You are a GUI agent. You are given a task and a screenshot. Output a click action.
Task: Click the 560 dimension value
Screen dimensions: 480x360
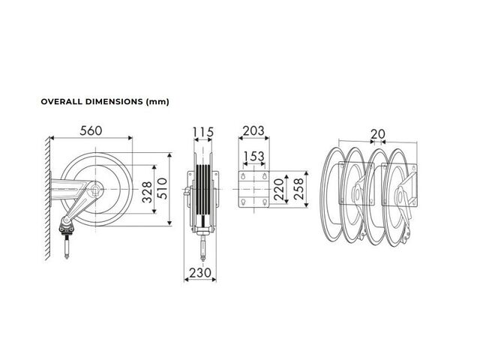point(91,130)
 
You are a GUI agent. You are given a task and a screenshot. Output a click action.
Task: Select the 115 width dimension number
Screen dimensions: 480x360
point(203,132)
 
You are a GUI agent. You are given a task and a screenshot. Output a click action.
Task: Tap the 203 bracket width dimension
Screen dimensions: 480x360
point(253,131)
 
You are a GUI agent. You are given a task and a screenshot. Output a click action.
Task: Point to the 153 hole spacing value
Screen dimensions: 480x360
point(253,156)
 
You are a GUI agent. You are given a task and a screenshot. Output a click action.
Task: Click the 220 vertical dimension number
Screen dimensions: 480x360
point(279,190)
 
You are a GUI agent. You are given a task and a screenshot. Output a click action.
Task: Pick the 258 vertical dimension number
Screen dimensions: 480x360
point(298,190)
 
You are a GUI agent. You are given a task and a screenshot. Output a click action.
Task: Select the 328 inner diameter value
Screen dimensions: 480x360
point(147,192)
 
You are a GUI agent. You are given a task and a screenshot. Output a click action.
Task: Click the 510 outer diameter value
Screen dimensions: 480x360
point(163,188)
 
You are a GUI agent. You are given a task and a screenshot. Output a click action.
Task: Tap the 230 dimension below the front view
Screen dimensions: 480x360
point(200,272)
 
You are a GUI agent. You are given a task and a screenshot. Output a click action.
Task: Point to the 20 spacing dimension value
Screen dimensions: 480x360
point(378,134)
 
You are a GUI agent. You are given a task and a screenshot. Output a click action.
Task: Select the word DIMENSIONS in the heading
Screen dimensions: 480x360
point(114,102)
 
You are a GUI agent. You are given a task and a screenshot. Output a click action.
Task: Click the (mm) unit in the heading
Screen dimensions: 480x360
point(157,102)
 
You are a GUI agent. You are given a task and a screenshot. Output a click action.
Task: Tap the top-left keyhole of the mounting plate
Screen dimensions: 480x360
point(243,176)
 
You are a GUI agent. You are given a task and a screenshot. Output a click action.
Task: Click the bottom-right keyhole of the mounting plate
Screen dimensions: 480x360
point(265,202)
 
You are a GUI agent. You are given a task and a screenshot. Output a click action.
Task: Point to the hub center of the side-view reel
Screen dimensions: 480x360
point(96,190)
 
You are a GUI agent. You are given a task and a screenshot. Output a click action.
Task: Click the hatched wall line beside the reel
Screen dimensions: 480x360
point(48,198)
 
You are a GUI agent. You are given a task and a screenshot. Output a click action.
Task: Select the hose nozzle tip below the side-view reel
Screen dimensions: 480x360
point(67,256)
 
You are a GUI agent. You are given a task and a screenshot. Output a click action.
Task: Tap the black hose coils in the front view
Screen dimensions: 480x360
point(202,190)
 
